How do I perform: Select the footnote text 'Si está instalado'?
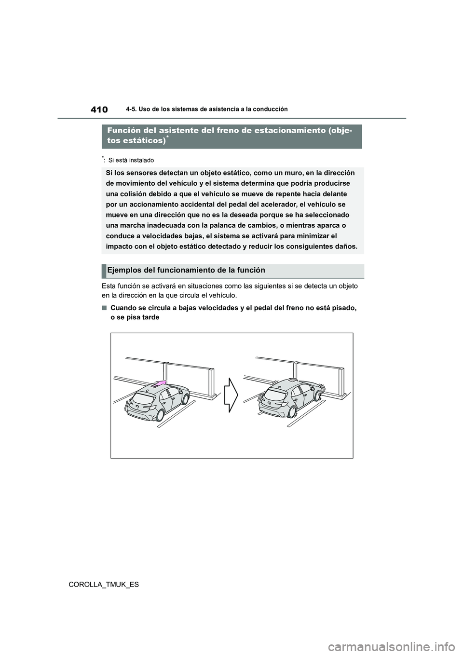click(x=131, y=160)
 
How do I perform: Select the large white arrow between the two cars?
click(x=232, y=394)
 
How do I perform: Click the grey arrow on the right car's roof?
click(x=291, y=381)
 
